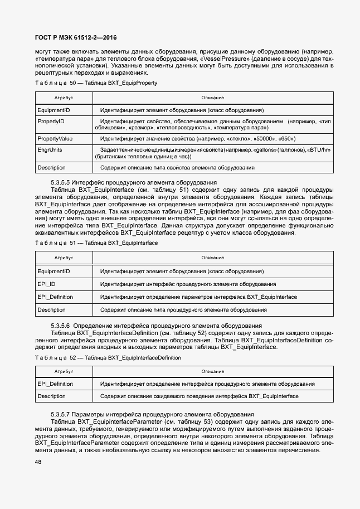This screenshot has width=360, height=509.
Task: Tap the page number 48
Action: [x=38, y=462]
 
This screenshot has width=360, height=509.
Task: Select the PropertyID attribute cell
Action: [x=51, y=121]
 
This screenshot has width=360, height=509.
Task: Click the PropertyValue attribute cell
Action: [x=55, y=138]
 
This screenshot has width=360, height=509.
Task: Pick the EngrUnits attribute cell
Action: [x=50, y=150]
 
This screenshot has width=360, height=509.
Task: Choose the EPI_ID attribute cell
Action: [x=46, y=284]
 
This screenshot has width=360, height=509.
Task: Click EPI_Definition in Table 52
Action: [x=55, y=384]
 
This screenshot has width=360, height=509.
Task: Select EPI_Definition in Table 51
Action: [x=55, y=297]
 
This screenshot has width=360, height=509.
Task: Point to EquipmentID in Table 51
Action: [x=53, y=271]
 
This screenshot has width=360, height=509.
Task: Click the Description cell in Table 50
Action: [x=51, y=167]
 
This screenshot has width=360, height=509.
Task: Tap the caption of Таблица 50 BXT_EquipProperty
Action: [x=96, y=83]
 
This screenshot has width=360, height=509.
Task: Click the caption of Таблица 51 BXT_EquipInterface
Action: [x=96, y=244]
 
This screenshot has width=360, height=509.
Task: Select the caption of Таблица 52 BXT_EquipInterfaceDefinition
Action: [x=108, y=357]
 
